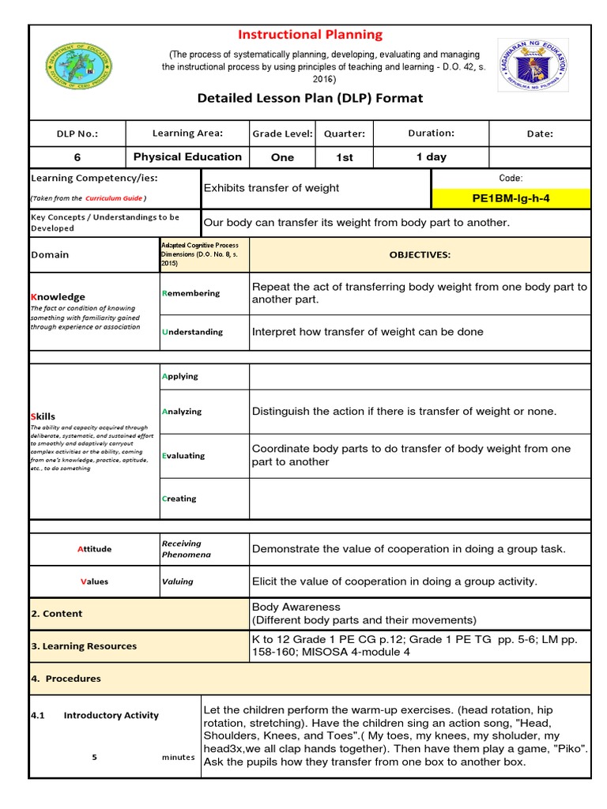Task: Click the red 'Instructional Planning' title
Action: (x=311, y=35)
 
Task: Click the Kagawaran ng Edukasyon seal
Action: (x=532, y=70)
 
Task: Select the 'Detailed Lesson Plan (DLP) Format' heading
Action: (x=311, y=98)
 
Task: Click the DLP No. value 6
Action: (x=77, y=157)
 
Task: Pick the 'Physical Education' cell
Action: (x=187, y=156)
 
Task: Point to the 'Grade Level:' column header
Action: (x=282, y=134)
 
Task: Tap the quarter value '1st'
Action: (x=345, y=157)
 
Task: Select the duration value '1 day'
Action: (x=432, y=156)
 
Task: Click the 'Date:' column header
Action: (x=540, y=134)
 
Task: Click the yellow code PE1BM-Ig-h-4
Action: (x=511, y=198)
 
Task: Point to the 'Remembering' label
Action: (x=190, y=293)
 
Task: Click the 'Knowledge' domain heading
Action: (x=58, y=296)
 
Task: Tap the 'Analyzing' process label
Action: (x=182, y=412)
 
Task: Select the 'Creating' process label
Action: (x=179, y=499)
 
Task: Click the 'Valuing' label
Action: (x=177, y=581)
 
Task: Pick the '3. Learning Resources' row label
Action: (x=84, y=645)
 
